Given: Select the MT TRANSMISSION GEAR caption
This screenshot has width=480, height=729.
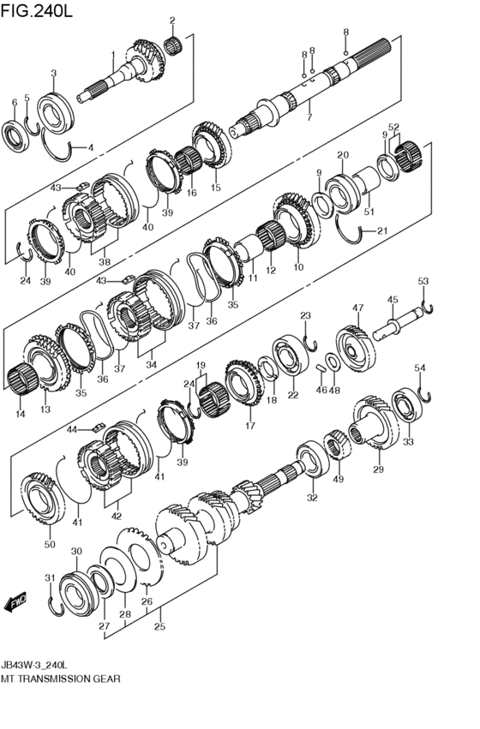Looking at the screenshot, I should [61, 678].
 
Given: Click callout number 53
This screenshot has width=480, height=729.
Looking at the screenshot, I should [423, 281].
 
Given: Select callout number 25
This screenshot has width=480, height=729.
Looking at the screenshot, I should [159, 626].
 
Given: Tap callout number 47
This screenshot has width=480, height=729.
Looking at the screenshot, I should [357, 307].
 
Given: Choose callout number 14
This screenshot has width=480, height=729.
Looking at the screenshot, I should [20, 414].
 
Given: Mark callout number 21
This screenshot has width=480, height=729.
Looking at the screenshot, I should [382, 230].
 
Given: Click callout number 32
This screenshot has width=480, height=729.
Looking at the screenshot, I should [311, 497].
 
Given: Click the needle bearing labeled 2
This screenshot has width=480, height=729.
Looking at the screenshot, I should [176, 44].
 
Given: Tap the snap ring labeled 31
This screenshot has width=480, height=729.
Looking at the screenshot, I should [53, 606].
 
